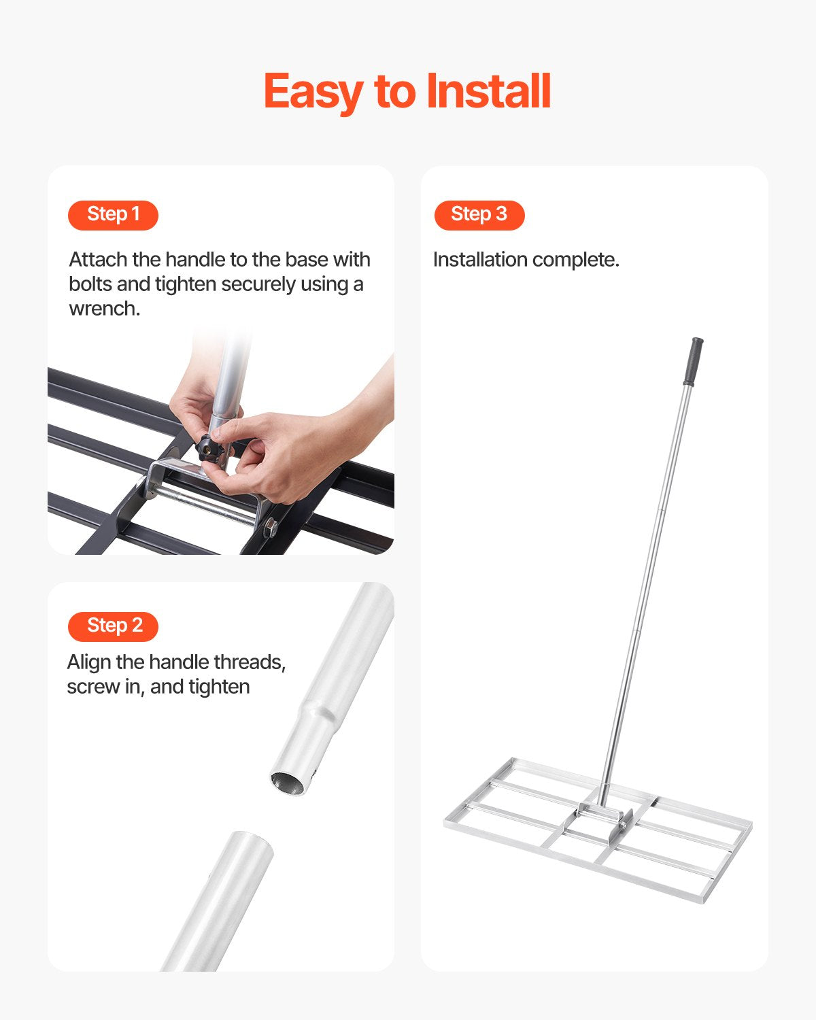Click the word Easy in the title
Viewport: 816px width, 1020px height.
pos(313,92)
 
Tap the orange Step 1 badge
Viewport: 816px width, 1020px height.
pos(113,215)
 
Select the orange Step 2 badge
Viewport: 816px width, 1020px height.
pos(113,626)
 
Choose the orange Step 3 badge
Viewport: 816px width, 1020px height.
pos(479,215)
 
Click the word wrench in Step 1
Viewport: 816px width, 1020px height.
pos(103,309)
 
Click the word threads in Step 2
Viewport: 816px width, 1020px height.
pos(250,662)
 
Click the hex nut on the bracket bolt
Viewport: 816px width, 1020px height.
pos(271,526)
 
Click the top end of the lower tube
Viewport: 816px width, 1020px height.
pos(250,843)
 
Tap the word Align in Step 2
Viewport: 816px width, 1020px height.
pos(89,662)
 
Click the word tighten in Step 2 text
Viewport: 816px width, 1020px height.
pos(219,687)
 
